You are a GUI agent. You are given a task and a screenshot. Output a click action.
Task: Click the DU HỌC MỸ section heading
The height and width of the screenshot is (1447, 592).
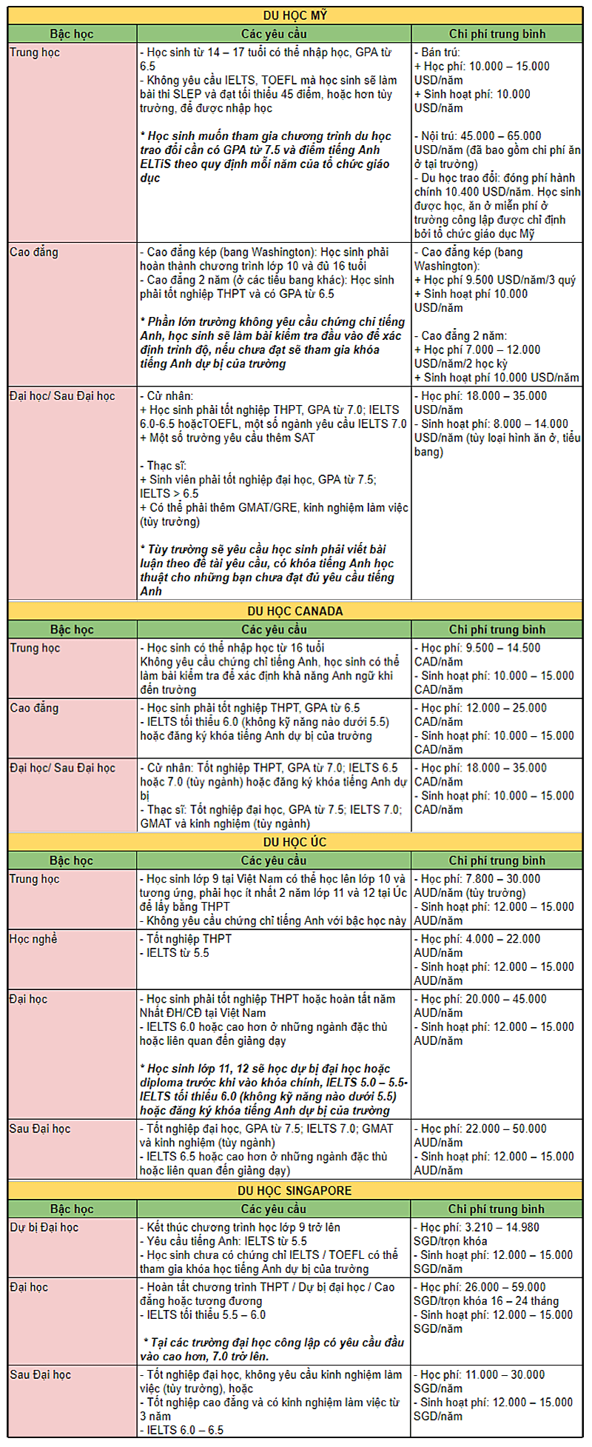[x=295, y=16]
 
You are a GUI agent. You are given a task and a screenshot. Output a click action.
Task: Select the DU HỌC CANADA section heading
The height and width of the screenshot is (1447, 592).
[x=295, y=611]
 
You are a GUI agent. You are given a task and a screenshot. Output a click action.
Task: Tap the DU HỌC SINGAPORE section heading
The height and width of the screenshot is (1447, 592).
[x=295, y=1190]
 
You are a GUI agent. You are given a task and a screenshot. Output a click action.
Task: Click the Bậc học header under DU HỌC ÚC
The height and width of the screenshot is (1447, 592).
[x=71, y=860]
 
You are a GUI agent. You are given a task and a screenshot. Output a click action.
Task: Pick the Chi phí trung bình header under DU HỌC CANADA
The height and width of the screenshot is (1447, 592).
[x=497, y=629]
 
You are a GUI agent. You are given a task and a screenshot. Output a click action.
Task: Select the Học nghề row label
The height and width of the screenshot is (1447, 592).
[x=33, y=939]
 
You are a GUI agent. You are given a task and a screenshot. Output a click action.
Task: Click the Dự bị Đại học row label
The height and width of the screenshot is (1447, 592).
[x=44, y=1227]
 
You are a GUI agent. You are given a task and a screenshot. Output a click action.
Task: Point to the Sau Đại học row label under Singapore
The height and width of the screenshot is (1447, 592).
[x=40, y=1374]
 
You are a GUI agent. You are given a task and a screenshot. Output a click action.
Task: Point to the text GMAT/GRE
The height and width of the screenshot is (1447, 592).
[x=243, y=507]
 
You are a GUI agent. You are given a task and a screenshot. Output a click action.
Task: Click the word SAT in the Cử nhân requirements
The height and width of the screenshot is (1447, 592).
[x=304, y=438]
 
